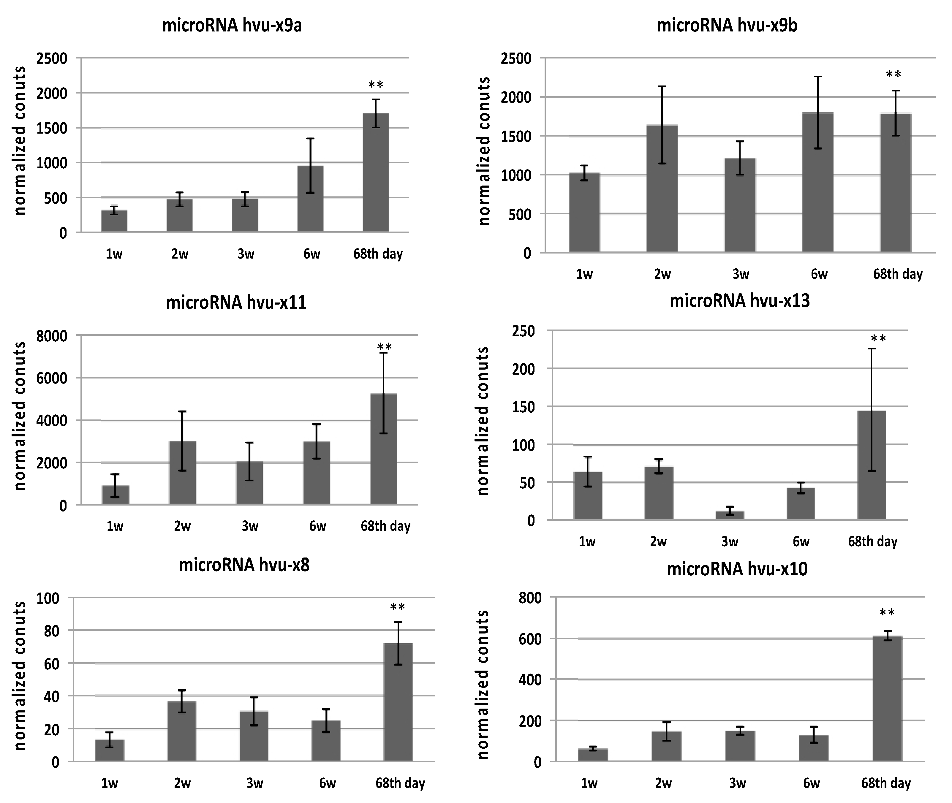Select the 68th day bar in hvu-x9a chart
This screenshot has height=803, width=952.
tap(376, 173)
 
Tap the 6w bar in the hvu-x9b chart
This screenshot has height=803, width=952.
tap(818, 182)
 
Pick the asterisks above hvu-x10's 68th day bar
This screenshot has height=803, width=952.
tap(887, 613)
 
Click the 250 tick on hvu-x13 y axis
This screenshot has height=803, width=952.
tap(523, 331)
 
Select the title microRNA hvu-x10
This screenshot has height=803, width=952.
tap(737, 569)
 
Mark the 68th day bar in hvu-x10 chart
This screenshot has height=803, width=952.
tap(887, 699)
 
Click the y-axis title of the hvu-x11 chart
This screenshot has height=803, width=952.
tap(20, 416)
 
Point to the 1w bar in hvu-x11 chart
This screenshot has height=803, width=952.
tap(116, 495)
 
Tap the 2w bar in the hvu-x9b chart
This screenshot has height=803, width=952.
tap(662, 189)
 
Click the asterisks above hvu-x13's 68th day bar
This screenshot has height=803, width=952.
tap(878, 339)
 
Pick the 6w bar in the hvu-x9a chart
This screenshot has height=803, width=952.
tap(311, 199)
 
